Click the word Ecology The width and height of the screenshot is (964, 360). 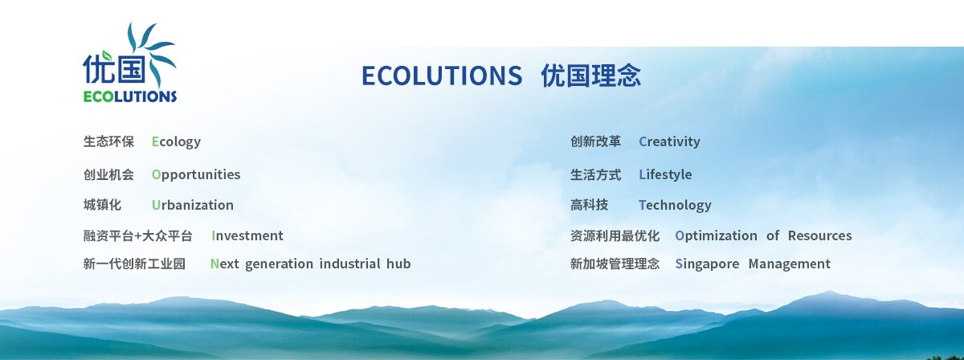click(x=176, y=142)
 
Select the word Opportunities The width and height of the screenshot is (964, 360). click(x=196, y=175)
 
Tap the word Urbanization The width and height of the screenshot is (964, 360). click(x=192, y=205)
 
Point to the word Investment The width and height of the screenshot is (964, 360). click(x=247, y=235)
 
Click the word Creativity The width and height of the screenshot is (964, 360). click(x=669, y=142)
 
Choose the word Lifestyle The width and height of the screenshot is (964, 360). click(x=665, y=175)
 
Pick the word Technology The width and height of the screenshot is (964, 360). click(x=675, y=206)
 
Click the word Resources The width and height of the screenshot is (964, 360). click(x=820, y=235)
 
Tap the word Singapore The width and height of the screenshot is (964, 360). click(x=707, y=264)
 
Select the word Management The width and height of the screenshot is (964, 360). click(x=789, y=264)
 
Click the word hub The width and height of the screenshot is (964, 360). click(x=398, y=264)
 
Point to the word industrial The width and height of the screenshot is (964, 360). click(x=350, y=264)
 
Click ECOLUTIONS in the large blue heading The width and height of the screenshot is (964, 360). click(x=442, y=76)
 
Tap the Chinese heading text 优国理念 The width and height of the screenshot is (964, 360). click(x=591, y=76)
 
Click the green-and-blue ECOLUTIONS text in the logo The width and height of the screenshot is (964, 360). click(x=130, y=96)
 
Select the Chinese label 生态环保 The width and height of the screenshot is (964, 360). click(x=108, y=141)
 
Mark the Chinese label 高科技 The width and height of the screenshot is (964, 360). click(x=589, y=205)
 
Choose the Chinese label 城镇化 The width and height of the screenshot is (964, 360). click(x=102, y=205)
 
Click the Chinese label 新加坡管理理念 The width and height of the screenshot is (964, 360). click(x=615, y=264)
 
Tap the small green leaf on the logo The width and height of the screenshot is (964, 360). click(x=107, y=55)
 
